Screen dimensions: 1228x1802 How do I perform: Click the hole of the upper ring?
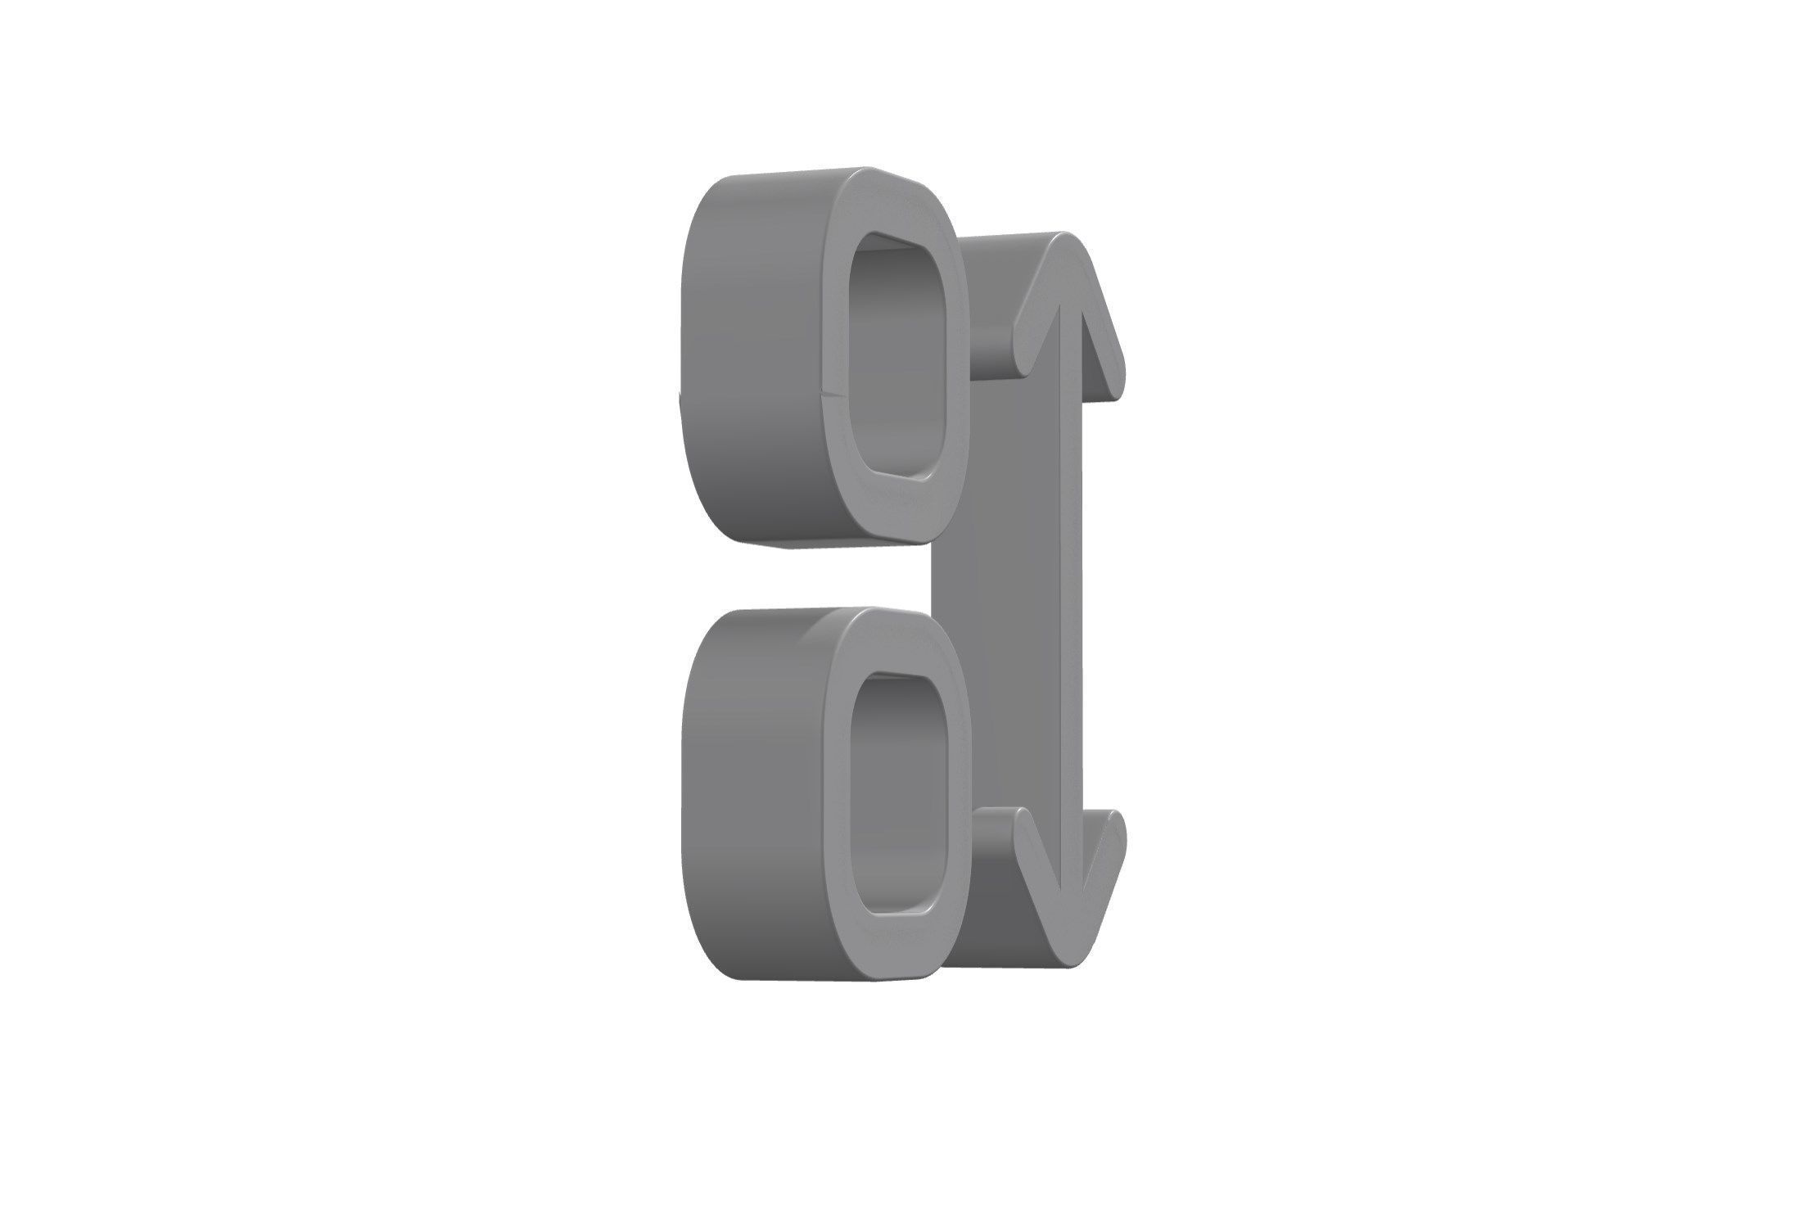[x=899, y=360]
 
